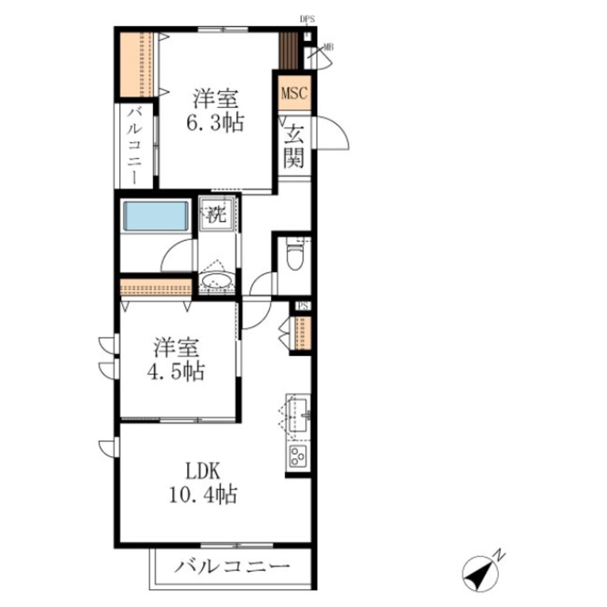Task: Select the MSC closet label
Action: (x=294, y=93)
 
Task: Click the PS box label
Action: (x=303, y=306)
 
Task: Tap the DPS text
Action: (x=307, y=19)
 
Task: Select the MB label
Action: (x=328, y=47)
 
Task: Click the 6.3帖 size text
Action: (x=215, y=123)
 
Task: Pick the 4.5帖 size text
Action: (x=175, y=371)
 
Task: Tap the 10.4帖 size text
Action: (x=203, y=494)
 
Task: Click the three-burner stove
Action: (x=298, y=456)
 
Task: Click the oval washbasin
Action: (x=216, y=280)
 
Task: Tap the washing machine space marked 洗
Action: (x=216, y=214)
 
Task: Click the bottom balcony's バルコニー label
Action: (x=232, y=567)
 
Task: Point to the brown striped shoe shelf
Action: (x=289, y=50)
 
